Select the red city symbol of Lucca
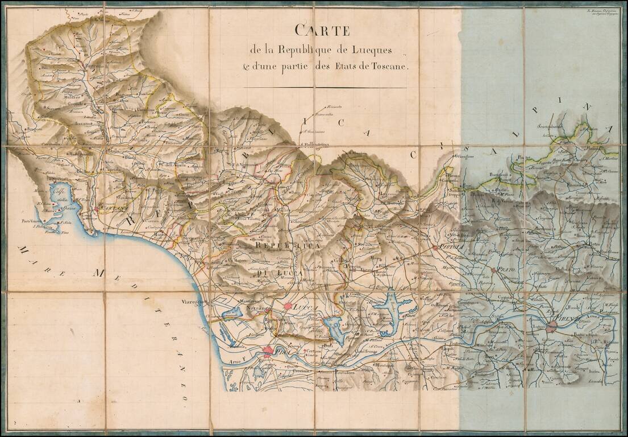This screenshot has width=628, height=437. (288, 306)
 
